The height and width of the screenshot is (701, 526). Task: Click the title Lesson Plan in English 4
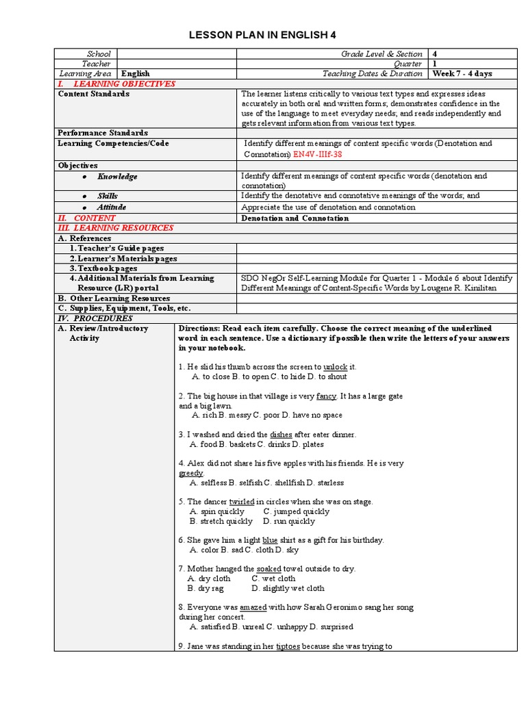tap(263, 36)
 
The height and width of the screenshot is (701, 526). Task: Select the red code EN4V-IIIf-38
tap(317, 155)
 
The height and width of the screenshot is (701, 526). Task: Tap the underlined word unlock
tap(335, 367)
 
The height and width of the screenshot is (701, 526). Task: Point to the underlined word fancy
tap(326, 396)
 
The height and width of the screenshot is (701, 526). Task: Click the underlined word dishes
tap(281, 435)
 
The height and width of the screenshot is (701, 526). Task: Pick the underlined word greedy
tap(191, 473)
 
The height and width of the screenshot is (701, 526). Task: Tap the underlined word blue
tap(270, 540)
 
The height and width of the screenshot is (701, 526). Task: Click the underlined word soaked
tap(268, 569)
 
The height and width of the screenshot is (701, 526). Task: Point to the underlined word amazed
tap(253, 607)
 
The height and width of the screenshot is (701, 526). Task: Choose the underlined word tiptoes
tap(288, 646)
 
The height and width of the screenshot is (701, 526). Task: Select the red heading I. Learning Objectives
tap(116, 84)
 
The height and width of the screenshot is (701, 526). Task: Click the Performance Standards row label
tap(103, 133)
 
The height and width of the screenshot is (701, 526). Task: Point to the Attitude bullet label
tap(111, 207)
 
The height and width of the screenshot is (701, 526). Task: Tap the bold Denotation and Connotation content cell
tap(295, 218)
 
